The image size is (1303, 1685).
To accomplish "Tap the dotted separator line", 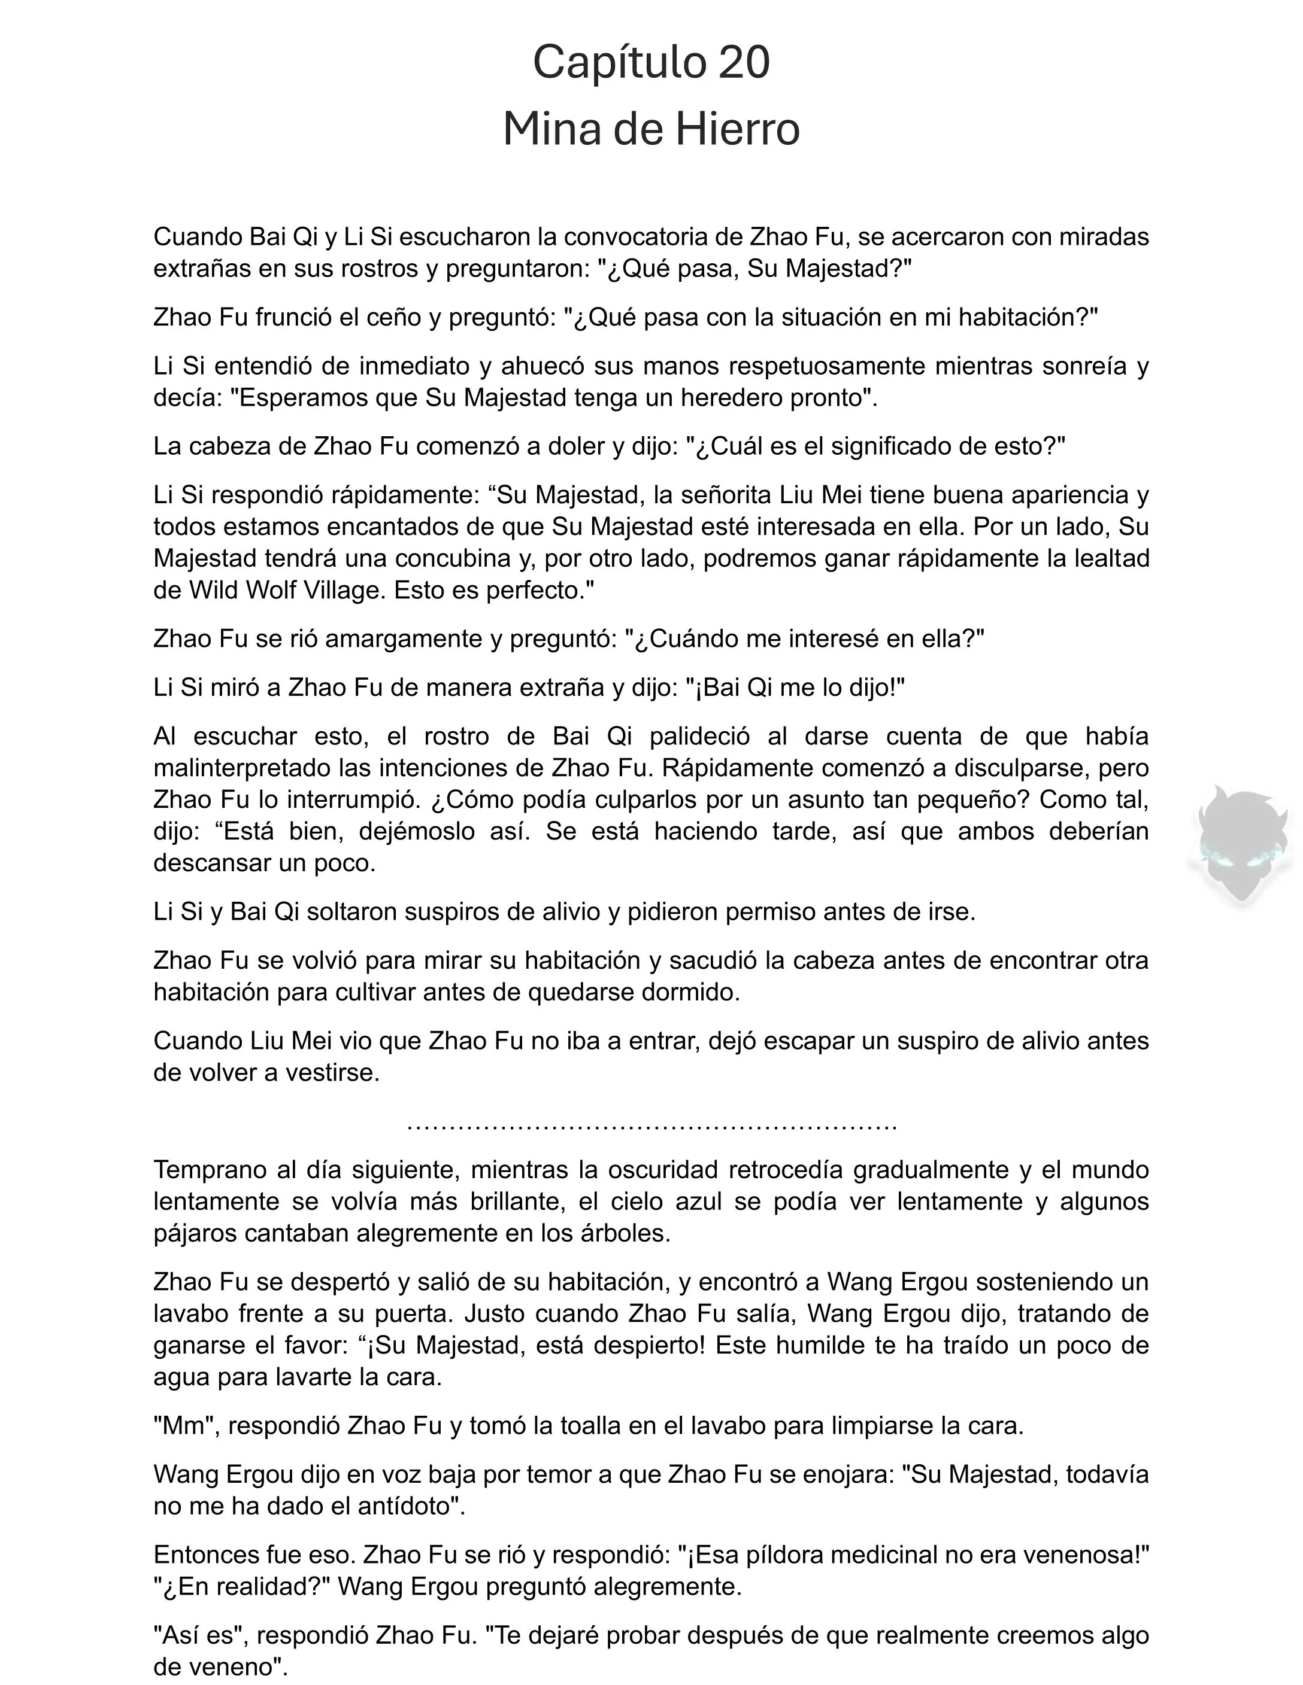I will coord(651,1126).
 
